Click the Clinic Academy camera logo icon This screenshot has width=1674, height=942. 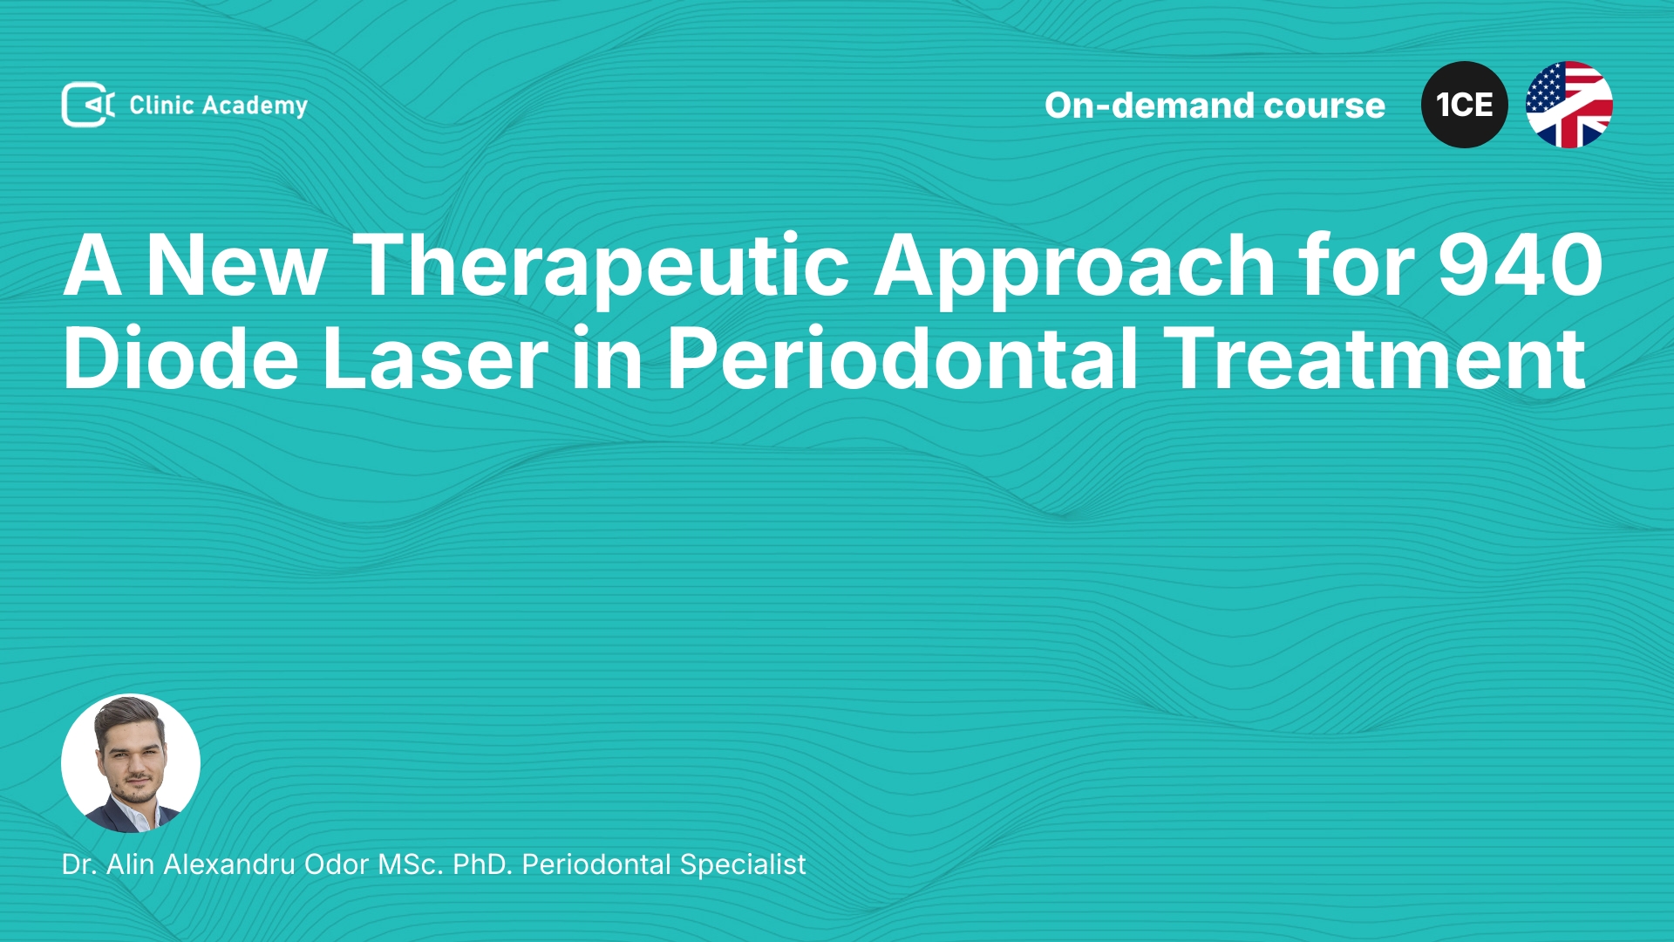tap(88, 105)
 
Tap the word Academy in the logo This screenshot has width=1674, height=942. tap(255, 106)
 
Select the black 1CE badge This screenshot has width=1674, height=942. tap(1465, 105)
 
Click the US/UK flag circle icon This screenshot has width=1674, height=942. tap(1569, 105)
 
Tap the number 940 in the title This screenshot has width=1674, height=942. tap(1521, 266)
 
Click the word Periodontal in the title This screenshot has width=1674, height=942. tap(902, 358)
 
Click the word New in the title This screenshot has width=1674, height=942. tap(236, 266)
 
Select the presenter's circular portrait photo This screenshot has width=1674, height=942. tap(131, 763)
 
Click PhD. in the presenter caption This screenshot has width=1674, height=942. tap(482, 864)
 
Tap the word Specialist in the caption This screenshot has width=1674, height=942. tap(743, 865)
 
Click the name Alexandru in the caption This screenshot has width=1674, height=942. tap(229, 864)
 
